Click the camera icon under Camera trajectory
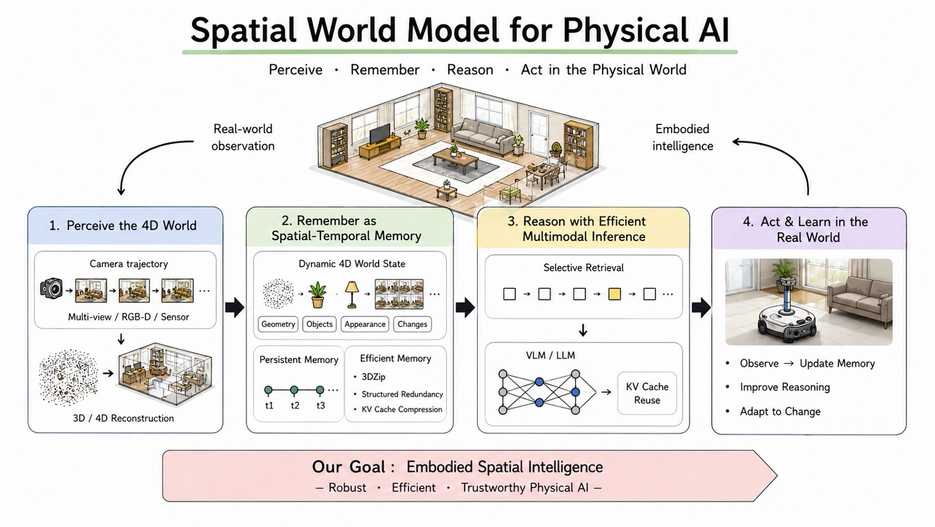tap(52, 288)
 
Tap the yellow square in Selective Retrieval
tap(615, 294)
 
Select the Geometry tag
tap(278, 324)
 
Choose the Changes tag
tap(412, 324)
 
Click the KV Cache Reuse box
tap(647, 393)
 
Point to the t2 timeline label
tap(295, 405)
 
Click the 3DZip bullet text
tap(373, 377)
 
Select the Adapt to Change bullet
tap(780, 411)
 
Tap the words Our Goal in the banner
tap(348, 466)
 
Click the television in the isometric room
tap(380, 134)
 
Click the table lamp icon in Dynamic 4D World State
tap(352, 294)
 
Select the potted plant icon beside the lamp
tap(317, 295)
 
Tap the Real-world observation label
tap(243, 137)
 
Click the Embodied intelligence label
tap(682, 137)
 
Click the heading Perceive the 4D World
tap(132, 226)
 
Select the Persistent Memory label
tap(299, 360)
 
